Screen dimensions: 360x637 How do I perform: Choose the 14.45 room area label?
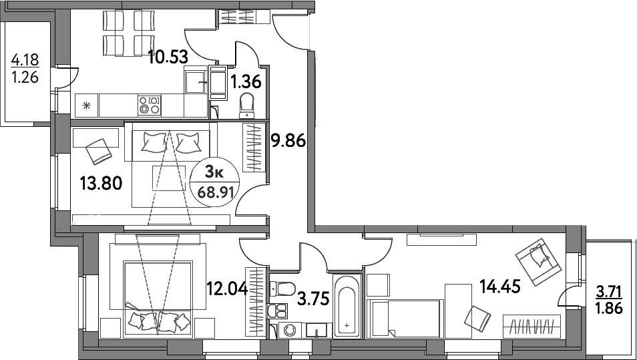(x=499, y=287)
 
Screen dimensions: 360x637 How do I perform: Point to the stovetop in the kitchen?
(x=150, y=105)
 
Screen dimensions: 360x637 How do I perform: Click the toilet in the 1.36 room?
(x=246, y=104)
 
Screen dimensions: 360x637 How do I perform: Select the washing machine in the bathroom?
(x=290, y=330)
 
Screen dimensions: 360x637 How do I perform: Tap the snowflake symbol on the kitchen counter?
(x=86, y=104)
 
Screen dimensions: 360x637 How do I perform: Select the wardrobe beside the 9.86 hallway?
(x=254, y=148)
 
